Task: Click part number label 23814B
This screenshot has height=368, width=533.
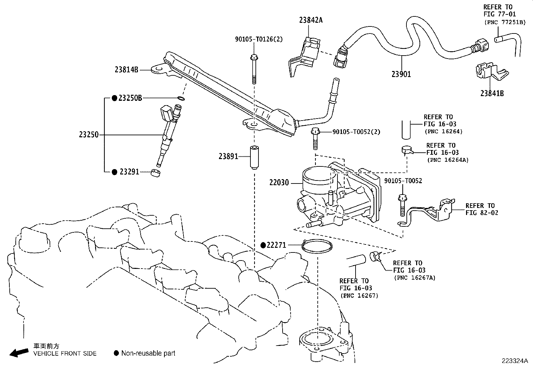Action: [x=126, y=70]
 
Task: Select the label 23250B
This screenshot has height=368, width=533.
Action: [x=130, y=98]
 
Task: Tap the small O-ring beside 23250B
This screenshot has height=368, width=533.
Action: [x=180, y=98]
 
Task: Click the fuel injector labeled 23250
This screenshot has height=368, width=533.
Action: [x=167, y=134]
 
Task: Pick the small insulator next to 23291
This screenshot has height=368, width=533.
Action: [x=155, y=173]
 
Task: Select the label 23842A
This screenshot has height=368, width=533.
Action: [x=311, y=20]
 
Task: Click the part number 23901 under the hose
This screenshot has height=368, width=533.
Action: [x=401, y=74]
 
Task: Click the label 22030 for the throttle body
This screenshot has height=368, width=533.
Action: [x=279, y=183]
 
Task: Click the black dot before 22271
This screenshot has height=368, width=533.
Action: [x=263, y=245]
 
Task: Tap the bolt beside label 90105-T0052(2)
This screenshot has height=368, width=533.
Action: [x=315, y=138]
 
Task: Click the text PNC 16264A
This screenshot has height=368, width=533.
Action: [x=447, y=160]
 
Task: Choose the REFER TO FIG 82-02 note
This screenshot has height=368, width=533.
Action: [x=481, y=209]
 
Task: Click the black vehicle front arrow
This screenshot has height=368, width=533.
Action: [x=19, y=352]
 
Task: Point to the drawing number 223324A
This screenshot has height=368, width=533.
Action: [x=514, y=361]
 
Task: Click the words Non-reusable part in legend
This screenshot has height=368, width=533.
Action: [x=148, y=353]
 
